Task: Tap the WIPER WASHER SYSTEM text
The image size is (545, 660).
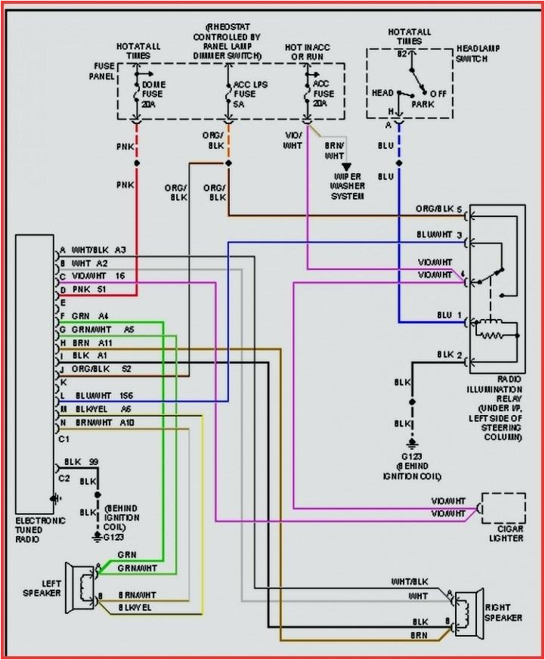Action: [x=348, y=186]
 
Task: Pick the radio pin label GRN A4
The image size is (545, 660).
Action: [x=90, y=315]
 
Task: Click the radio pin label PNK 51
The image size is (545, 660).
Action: [x=88, y=289]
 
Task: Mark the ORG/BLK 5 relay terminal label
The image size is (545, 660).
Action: [x=438, y=209]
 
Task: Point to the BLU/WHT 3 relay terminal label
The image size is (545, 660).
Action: [x=439, y=236]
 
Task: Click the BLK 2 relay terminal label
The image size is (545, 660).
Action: [x=449, y=355]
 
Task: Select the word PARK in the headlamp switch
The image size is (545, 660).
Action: [x=423, y=104]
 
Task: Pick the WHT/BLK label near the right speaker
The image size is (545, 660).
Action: [x=410, y=582]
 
